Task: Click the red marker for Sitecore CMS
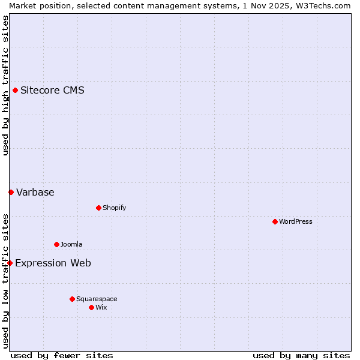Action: (15, 91)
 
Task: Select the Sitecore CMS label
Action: (52, 91)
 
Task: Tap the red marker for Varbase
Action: (11, 193)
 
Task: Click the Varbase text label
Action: (35, 193)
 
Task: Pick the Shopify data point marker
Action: (98, 208)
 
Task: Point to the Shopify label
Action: (114, 208)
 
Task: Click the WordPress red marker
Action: (275, 222)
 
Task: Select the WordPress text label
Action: (295, 222)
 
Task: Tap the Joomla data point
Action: (56, 245)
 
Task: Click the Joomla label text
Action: (71, 245)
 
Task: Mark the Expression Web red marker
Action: (10, 263)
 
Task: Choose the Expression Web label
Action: (53, 263)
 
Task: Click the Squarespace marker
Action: (72, 299)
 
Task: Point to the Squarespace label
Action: (97, 299)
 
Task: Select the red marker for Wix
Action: (91, 308)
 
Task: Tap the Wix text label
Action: (101, 308)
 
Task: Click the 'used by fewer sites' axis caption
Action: (62, 355)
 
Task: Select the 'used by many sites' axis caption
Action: (301, 355)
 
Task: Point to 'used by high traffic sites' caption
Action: (5, 85)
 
